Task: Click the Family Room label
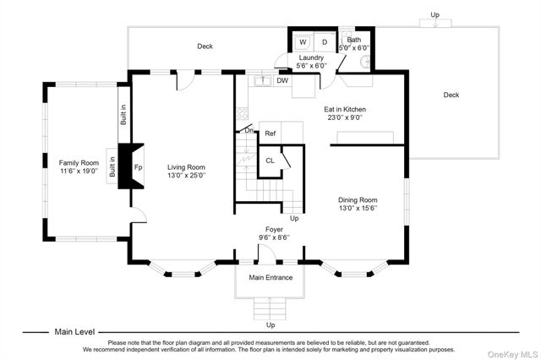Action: click(x=79, y=163)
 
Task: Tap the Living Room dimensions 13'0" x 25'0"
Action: click(x=186, y=175)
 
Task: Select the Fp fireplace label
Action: click(x=138, y=167)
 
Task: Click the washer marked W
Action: click(x=303, y=42)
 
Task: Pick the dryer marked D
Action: click(x=325, y=42)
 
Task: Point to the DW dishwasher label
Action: click(x=282, y=80)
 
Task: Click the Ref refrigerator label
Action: click(x=270, y=134)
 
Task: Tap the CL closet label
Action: click(x=270, y=161)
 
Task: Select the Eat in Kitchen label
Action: click(x=345, y=109)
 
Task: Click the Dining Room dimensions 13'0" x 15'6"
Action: click(x=358, y=208)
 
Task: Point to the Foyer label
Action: click(x=274, y=229)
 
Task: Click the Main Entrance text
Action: click(x=270, y=277)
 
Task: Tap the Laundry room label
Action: click(x=311, y=57)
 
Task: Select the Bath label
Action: click(x=354, y=40)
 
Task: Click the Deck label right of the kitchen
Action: click(x=451, y=95)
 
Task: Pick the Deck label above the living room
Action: click(x=205, y=46)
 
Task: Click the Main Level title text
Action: click(x=74, y=332)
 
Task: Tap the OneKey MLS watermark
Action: click(x=513, y=354)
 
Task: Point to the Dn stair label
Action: click(x=249, y=130)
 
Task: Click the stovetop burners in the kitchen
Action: click(x=243, y=113)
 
